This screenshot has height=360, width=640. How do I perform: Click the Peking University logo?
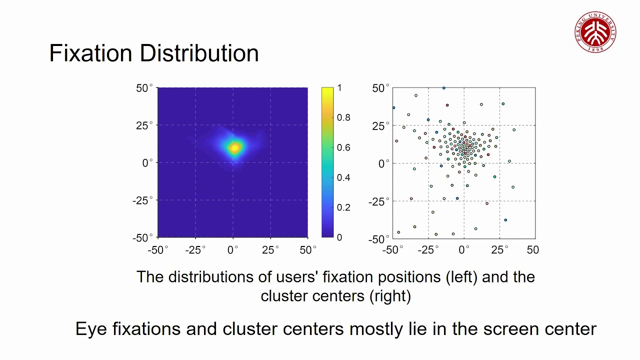click(595, 31)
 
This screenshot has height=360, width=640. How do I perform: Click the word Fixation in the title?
click(90, 53)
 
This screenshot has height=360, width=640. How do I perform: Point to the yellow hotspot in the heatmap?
click(234, 147)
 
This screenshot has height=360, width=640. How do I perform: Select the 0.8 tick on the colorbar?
click(343, 117)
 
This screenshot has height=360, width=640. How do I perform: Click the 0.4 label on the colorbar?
click(343, 177)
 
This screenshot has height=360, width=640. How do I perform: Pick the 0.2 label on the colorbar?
click(343, 207)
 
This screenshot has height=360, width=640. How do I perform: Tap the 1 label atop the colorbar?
click(339, 88)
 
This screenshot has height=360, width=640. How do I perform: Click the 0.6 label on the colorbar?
click(343, 147)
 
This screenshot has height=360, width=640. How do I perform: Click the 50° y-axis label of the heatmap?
click(144, 88)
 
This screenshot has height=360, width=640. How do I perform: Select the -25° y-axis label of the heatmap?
click(142, 200)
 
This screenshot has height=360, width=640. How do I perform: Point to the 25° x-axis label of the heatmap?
click(270, 249)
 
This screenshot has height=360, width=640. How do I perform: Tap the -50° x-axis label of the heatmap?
click(158, 249)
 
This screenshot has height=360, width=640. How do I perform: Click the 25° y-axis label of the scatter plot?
click(380, 126)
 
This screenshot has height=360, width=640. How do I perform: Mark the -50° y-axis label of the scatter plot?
click(378, 239)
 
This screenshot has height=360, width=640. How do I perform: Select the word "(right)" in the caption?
click(390, 295)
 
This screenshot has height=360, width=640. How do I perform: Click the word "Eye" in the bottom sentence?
click(91, 328)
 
